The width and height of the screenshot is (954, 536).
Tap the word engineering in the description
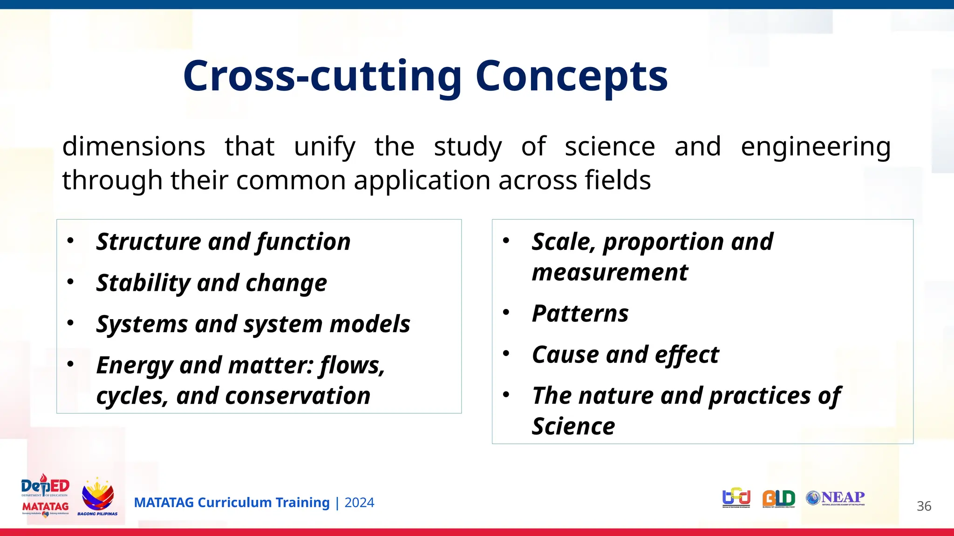coord(815,147)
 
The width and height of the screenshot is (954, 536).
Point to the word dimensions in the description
coord(134,147)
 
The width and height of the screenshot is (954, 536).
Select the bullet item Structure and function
coord(223,242)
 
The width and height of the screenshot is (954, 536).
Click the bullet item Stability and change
coord(211,283)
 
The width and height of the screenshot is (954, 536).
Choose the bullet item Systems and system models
coord(253,324)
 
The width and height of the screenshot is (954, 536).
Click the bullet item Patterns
coord(580,314)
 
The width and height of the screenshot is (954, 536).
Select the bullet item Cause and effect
coord(625,355)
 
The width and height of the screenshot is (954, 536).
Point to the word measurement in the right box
coord(610,272)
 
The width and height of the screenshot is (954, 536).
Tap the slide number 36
coord(924,506)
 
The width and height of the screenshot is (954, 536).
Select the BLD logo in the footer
coord(778,499)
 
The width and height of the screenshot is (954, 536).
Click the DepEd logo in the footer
coord(45,487)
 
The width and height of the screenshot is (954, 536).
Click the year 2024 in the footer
coord(359,503)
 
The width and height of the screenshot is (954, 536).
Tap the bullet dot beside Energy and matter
coord(70,364)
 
